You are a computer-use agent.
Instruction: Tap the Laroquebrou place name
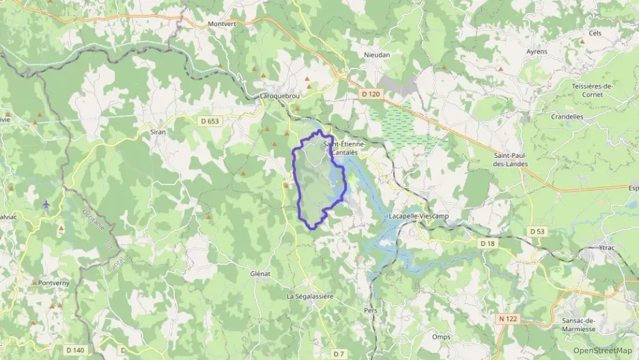coord(280,96)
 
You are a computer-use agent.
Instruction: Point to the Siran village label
coord(158,131)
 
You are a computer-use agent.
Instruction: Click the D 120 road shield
coord(369,94)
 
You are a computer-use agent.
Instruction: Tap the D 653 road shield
coord(210,122)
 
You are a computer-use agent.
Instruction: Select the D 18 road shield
coord(487,243)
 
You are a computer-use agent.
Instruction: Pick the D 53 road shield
coord(538,232)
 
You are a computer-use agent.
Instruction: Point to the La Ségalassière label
coord(310,296)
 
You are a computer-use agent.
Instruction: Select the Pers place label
coord(371,309)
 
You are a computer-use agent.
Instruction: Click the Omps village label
coord(441,336)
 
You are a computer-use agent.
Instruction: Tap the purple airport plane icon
coord(46,204)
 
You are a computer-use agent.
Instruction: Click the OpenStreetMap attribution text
coord(603,350)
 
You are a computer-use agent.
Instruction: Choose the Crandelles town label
coord(567,116)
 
